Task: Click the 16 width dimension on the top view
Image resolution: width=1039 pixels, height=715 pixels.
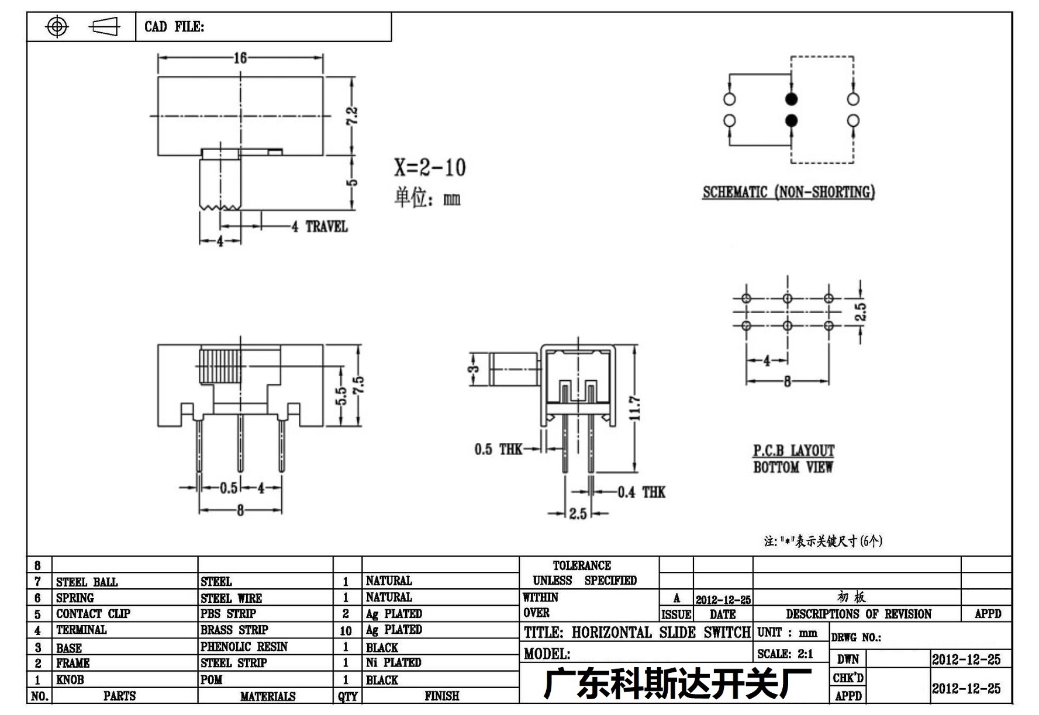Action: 240,58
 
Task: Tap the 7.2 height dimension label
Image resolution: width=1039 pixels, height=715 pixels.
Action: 352,115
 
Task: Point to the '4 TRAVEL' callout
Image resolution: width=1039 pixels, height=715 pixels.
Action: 320,227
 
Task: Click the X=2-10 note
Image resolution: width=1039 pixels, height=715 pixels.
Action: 430,168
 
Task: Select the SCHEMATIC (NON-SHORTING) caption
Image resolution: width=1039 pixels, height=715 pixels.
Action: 789,192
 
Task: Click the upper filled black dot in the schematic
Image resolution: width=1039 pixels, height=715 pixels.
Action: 791,99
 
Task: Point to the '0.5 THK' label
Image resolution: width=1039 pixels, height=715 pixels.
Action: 498,449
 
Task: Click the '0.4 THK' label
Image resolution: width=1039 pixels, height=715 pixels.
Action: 641,492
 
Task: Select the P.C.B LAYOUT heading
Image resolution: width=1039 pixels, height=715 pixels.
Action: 793,451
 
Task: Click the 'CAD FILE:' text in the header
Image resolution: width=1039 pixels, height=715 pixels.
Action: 174,27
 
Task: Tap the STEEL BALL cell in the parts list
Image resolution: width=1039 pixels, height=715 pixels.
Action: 87,582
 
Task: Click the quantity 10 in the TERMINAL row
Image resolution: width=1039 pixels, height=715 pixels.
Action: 346,631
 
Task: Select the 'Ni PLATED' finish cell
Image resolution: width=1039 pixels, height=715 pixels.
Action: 393,662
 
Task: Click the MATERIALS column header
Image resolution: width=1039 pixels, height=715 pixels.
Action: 268,696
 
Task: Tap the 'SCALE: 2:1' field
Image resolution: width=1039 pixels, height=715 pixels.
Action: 785,654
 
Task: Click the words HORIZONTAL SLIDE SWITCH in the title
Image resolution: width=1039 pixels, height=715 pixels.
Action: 661,633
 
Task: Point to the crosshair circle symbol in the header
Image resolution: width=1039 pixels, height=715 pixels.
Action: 57,26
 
